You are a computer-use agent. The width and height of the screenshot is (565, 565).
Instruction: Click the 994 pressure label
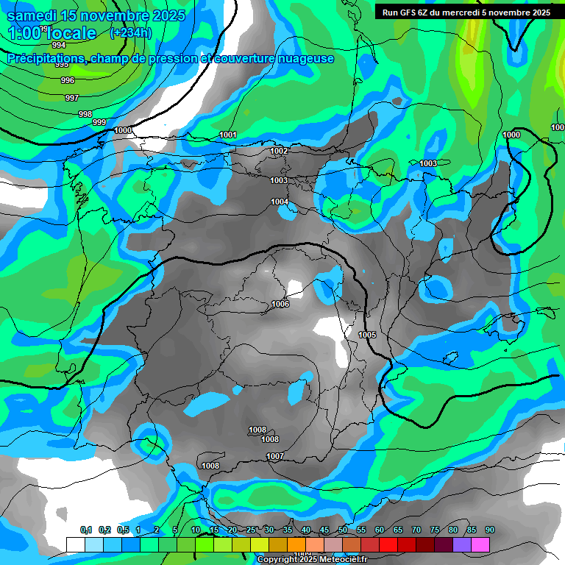pos(59,45)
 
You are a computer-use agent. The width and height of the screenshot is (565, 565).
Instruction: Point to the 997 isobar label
pos(71,98)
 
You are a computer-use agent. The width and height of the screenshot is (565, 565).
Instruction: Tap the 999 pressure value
pos(99,122)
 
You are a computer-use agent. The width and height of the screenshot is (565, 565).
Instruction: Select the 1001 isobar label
pos(228,135)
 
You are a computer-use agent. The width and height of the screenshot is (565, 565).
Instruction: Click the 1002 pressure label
pos(279,151)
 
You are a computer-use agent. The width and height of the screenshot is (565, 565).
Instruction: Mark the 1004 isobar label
pos(280,202)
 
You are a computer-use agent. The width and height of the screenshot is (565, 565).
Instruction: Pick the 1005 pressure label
pos(367,335)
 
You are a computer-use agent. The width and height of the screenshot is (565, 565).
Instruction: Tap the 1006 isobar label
pos(280,304)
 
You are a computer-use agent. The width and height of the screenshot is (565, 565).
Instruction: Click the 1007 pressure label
pos(275,456)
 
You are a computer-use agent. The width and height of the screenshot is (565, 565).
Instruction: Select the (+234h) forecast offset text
pos(130,32)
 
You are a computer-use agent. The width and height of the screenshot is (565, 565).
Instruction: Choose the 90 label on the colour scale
pos(489,530)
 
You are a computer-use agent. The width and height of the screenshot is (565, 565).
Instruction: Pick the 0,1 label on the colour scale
pos(86,530)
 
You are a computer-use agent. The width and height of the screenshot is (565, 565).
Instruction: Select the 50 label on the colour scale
pos(343,530)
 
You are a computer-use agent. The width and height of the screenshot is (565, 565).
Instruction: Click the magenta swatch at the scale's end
pos(480,544)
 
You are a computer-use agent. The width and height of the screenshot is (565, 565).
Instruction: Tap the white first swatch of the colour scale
pos(75,544)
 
